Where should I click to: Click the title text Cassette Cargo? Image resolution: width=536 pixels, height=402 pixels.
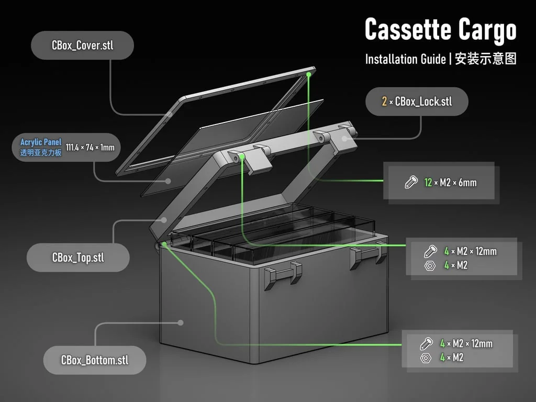[440, 30]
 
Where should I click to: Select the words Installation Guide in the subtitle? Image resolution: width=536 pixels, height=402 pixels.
[406, 59]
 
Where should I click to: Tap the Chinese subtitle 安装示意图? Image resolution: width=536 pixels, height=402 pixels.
[486, 59]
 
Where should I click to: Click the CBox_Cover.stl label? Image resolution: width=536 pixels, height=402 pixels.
[82, 45]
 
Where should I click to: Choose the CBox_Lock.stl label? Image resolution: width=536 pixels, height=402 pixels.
[423, 102]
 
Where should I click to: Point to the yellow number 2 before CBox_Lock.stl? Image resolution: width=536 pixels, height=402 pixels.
[384, 102]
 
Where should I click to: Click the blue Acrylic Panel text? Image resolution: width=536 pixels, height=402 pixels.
[41, 142]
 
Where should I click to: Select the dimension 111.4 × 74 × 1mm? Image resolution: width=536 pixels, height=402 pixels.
[90, 148]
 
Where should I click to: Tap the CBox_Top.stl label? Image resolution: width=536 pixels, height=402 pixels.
[78, 258]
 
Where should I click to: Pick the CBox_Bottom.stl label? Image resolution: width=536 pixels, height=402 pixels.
[95, 360]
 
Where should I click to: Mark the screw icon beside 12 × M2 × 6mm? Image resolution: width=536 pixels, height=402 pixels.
[411, 182]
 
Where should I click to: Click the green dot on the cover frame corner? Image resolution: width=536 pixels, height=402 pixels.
[309, 75]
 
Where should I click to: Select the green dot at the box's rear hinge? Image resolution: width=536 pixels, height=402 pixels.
[164, 244]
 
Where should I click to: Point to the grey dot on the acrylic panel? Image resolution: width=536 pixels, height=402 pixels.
[168, 181]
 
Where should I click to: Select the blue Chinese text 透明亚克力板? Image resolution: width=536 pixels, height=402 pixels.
[41, 152]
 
